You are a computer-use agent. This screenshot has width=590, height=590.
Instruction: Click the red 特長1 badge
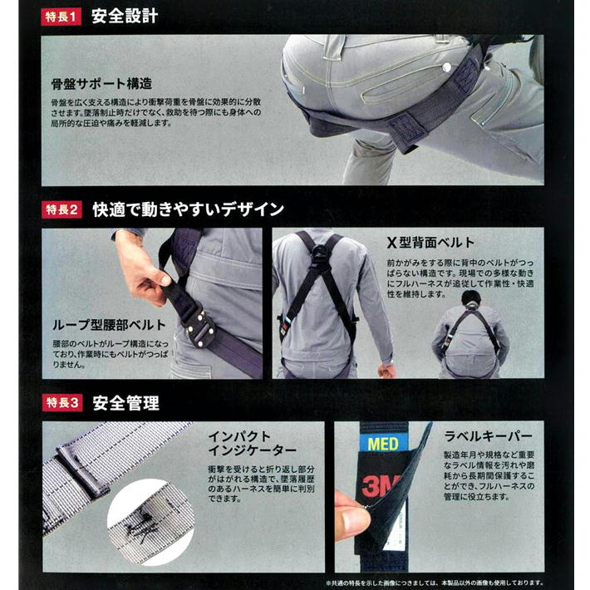(61, 17)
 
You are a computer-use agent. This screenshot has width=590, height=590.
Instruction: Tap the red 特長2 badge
(61, 209)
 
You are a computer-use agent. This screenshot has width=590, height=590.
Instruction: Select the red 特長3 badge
(62, 403)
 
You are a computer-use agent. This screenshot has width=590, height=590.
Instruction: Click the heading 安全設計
(125, 17)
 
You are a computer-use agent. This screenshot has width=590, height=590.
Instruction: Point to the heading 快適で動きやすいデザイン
(188, 209)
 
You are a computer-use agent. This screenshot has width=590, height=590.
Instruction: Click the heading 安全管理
(126, 403)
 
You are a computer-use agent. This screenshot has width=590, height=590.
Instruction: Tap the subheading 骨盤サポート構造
(101, 84)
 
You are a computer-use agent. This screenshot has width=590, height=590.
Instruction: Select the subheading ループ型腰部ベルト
(109, 325)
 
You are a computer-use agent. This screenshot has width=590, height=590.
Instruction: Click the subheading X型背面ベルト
(430, 243)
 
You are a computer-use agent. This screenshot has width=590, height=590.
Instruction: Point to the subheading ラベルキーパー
(489, 436)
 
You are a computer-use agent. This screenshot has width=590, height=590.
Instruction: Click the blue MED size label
(383, 444)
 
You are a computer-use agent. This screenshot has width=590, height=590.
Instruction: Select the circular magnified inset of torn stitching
(150, 522)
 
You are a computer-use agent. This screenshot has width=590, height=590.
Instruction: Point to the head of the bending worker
(471, 298)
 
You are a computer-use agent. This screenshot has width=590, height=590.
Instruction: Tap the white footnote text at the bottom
(435, 583)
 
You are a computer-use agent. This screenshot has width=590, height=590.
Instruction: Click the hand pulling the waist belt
(142, 268)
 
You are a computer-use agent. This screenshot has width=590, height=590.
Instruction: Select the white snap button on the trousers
(446, 67)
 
